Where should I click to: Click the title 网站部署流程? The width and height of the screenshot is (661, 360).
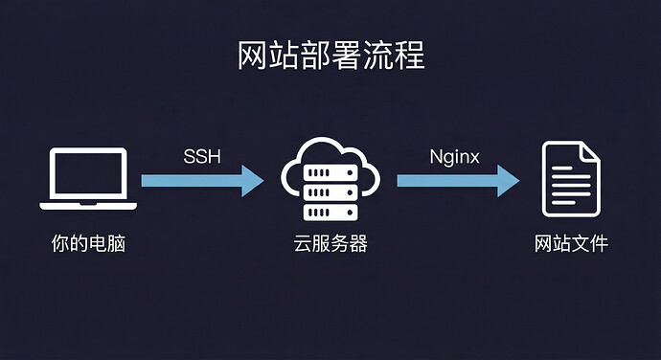click(x=330, y=56)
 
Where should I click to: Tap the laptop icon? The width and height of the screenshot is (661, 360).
click(x=88, y=178)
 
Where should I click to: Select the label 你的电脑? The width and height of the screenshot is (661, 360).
click(x=88, y=244)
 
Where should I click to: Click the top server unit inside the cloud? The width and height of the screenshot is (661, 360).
click(x=330, y=170)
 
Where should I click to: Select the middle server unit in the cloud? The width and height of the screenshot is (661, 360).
click(x=330, y=190)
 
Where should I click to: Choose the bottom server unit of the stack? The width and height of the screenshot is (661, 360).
click(x=330, y=210)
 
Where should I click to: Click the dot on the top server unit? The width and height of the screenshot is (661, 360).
click(x=314, y=170)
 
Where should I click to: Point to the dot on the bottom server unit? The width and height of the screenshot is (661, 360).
click(x=314, y=210)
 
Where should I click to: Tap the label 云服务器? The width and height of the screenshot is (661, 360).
click(x=330, y=244)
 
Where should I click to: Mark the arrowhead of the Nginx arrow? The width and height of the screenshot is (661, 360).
click(x=507, y=179)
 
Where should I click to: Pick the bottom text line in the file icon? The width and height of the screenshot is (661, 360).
click(x=564, y=200)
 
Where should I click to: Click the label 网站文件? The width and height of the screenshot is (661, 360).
click(x=571, y=244)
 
